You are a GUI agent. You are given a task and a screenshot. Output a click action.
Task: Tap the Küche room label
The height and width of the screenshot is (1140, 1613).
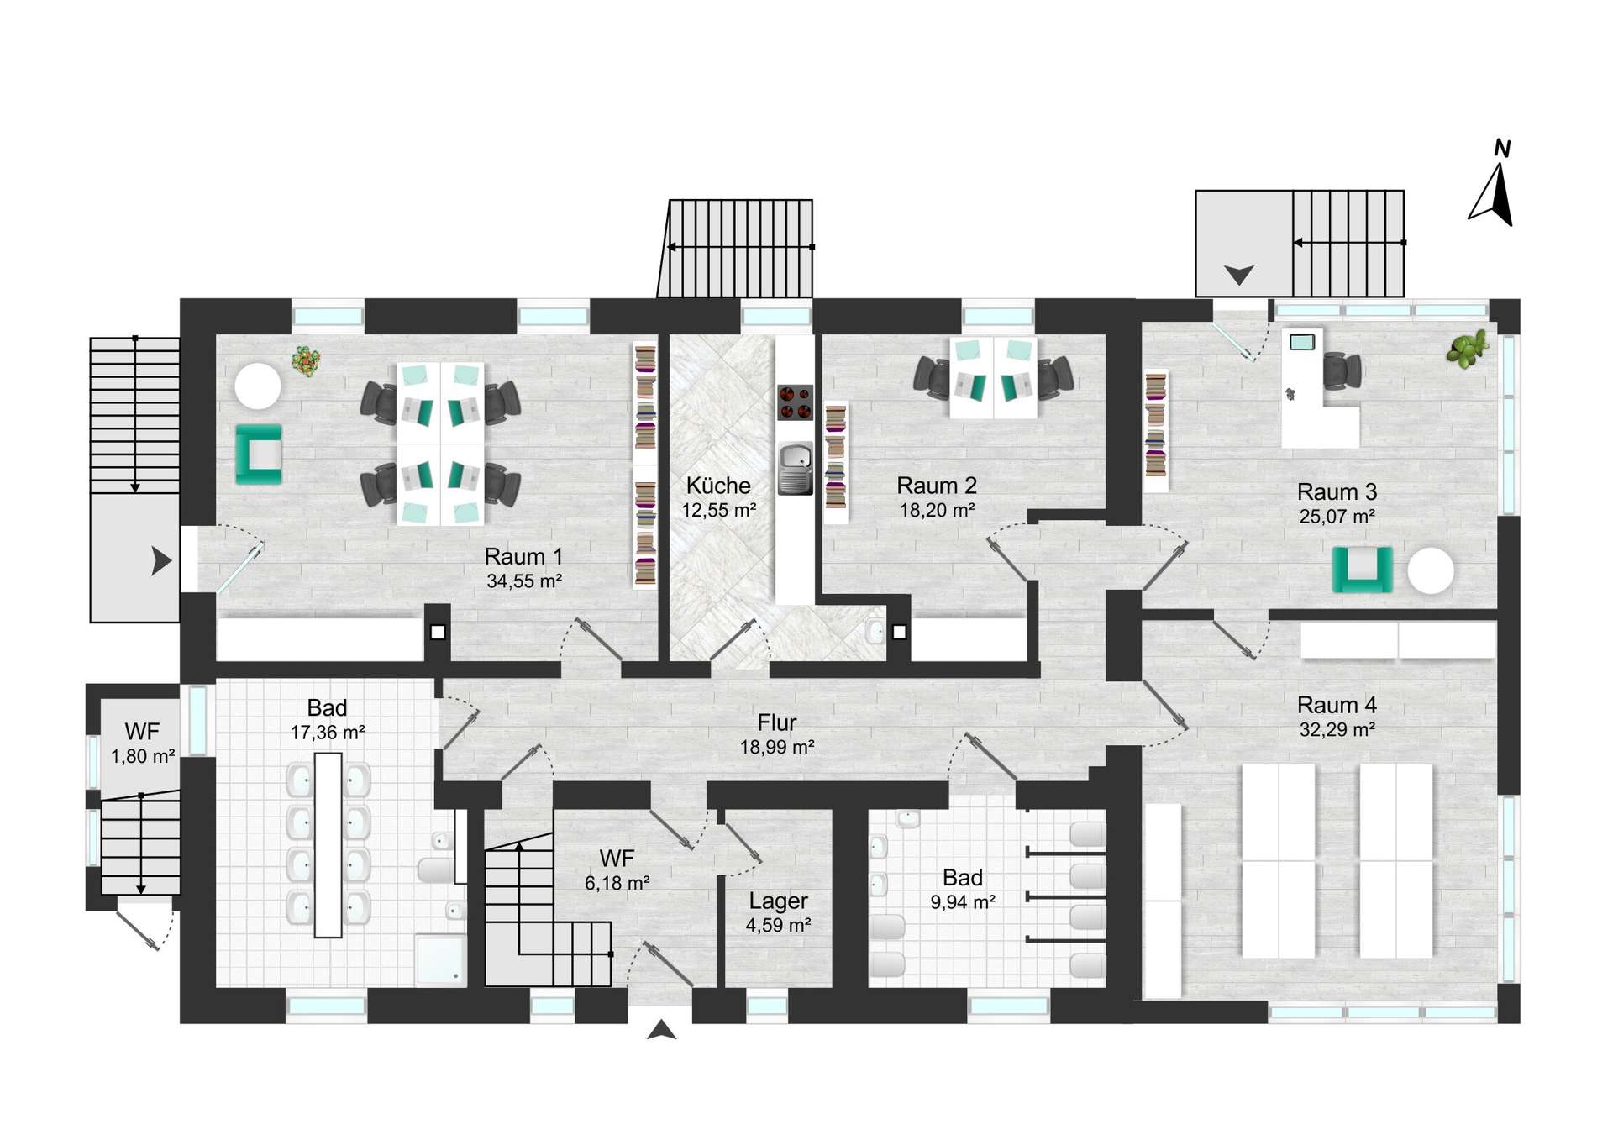[718, 486]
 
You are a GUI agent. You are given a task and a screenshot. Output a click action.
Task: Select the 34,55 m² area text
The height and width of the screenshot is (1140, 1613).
[524, 581]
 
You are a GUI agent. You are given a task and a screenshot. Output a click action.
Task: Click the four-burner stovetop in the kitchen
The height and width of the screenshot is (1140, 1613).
[795, 402]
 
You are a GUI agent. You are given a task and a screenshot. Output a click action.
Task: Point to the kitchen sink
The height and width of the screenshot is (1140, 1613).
[795, 468]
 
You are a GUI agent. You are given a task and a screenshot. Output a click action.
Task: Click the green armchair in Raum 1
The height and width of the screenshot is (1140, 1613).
[259, 454]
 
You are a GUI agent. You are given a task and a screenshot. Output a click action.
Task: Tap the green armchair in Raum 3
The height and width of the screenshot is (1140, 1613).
[1363, 570]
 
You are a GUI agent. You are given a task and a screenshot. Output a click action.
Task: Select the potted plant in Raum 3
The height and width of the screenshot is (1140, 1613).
[1468, 349]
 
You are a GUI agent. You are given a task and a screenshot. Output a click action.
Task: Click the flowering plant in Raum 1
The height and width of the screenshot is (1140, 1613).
[306, 361]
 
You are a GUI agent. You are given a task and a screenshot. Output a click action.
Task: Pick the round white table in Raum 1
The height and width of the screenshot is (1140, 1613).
[258, 386]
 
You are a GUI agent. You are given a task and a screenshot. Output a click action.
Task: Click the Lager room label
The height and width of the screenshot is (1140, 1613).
[778, 901]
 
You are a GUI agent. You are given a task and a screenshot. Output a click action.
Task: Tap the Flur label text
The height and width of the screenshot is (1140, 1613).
[777, 722]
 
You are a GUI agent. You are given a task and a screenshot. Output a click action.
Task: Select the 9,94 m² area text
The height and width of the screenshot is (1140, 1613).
[963, 902]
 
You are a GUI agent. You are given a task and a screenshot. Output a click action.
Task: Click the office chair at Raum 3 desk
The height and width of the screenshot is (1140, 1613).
[1342, 370]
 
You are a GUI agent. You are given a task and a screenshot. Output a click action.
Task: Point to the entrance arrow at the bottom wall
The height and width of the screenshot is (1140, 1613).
[662, 1030]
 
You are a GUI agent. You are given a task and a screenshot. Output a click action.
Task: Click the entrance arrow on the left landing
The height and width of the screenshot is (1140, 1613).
[161, 560]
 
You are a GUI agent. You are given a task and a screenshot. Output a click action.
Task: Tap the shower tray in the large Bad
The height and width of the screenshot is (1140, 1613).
[440, 959]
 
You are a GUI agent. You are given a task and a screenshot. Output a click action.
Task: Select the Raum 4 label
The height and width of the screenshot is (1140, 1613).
[1337, 705]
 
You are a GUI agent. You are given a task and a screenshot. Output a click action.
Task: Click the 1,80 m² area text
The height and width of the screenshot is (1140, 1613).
[143, 756]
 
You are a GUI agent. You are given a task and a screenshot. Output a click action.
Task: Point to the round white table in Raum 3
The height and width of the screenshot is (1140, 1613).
[1431, 571]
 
